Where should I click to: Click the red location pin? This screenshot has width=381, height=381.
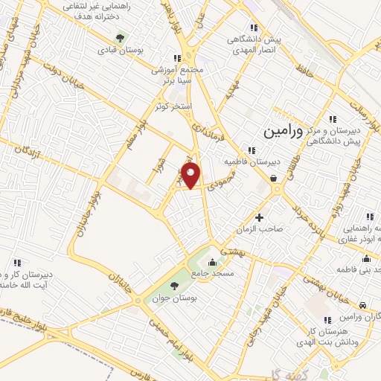pos(191,176)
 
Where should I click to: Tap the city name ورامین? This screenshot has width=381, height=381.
pos(284,131)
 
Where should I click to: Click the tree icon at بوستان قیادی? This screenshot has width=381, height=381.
pos(120,38)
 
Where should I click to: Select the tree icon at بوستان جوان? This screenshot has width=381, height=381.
pos(175,286)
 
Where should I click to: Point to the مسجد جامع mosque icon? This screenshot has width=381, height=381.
pos(213,262)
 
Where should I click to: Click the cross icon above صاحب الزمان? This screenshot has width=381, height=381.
pos(259,217)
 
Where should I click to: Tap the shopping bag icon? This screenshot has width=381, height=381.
pos(275,178)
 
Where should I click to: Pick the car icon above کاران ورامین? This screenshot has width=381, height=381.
pos(362,306)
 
